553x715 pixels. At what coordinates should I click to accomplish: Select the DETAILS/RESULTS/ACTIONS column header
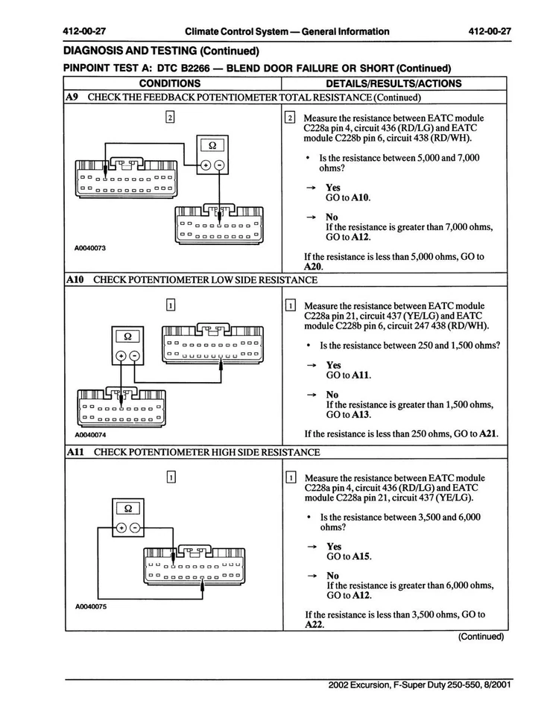[394, 83]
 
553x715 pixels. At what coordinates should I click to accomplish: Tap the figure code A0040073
[90, 247]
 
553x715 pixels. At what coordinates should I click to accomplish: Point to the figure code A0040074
[90, 435]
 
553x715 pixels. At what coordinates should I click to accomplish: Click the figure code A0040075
[91, 606]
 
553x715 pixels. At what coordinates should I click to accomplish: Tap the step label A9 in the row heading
[72, 97]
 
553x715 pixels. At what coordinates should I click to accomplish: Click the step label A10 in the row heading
[75, 280]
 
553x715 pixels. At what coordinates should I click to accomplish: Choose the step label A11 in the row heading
[75, 452]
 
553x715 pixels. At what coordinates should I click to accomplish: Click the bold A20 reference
[313, 267]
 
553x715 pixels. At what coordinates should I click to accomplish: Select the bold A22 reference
[315, 625]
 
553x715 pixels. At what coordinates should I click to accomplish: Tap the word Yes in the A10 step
[333, 366]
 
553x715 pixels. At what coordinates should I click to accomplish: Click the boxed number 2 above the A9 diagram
[170, 117]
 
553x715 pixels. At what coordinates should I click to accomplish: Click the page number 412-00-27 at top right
[489, 31]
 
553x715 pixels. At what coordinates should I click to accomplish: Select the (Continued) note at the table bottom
[481, 637]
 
